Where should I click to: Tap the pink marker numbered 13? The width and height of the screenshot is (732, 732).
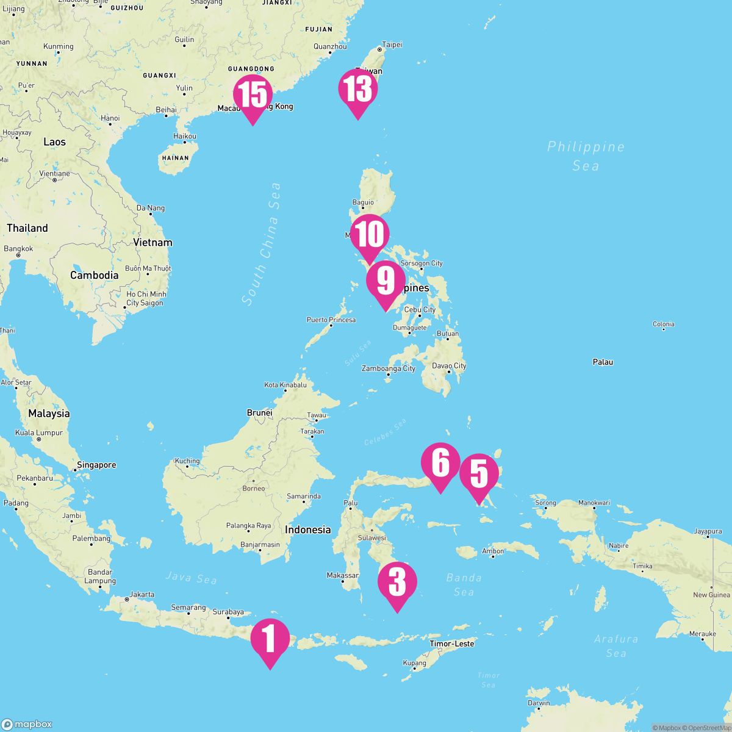[358, 90]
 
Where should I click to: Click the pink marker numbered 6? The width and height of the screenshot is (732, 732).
[440, 464]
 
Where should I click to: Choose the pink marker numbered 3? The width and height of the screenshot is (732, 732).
[397, 583]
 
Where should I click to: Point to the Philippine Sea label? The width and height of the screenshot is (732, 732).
[586, 156]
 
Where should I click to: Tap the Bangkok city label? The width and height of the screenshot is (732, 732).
[18, 249]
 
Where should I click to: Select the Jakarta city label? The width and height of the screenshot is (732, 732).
[142, 594]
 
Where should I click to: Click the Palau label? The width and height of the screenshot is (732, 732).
[603, 362]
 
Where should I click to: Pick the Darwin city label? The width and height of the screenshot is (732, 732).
[538, 703]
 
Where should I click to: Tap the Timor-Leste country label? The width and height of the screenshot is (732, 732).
[451, 644]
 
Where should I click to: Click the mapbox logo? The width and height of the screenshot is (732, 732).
[27, 723]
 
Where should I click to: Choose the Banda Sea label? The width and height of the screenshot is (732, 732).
[464, 584]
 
